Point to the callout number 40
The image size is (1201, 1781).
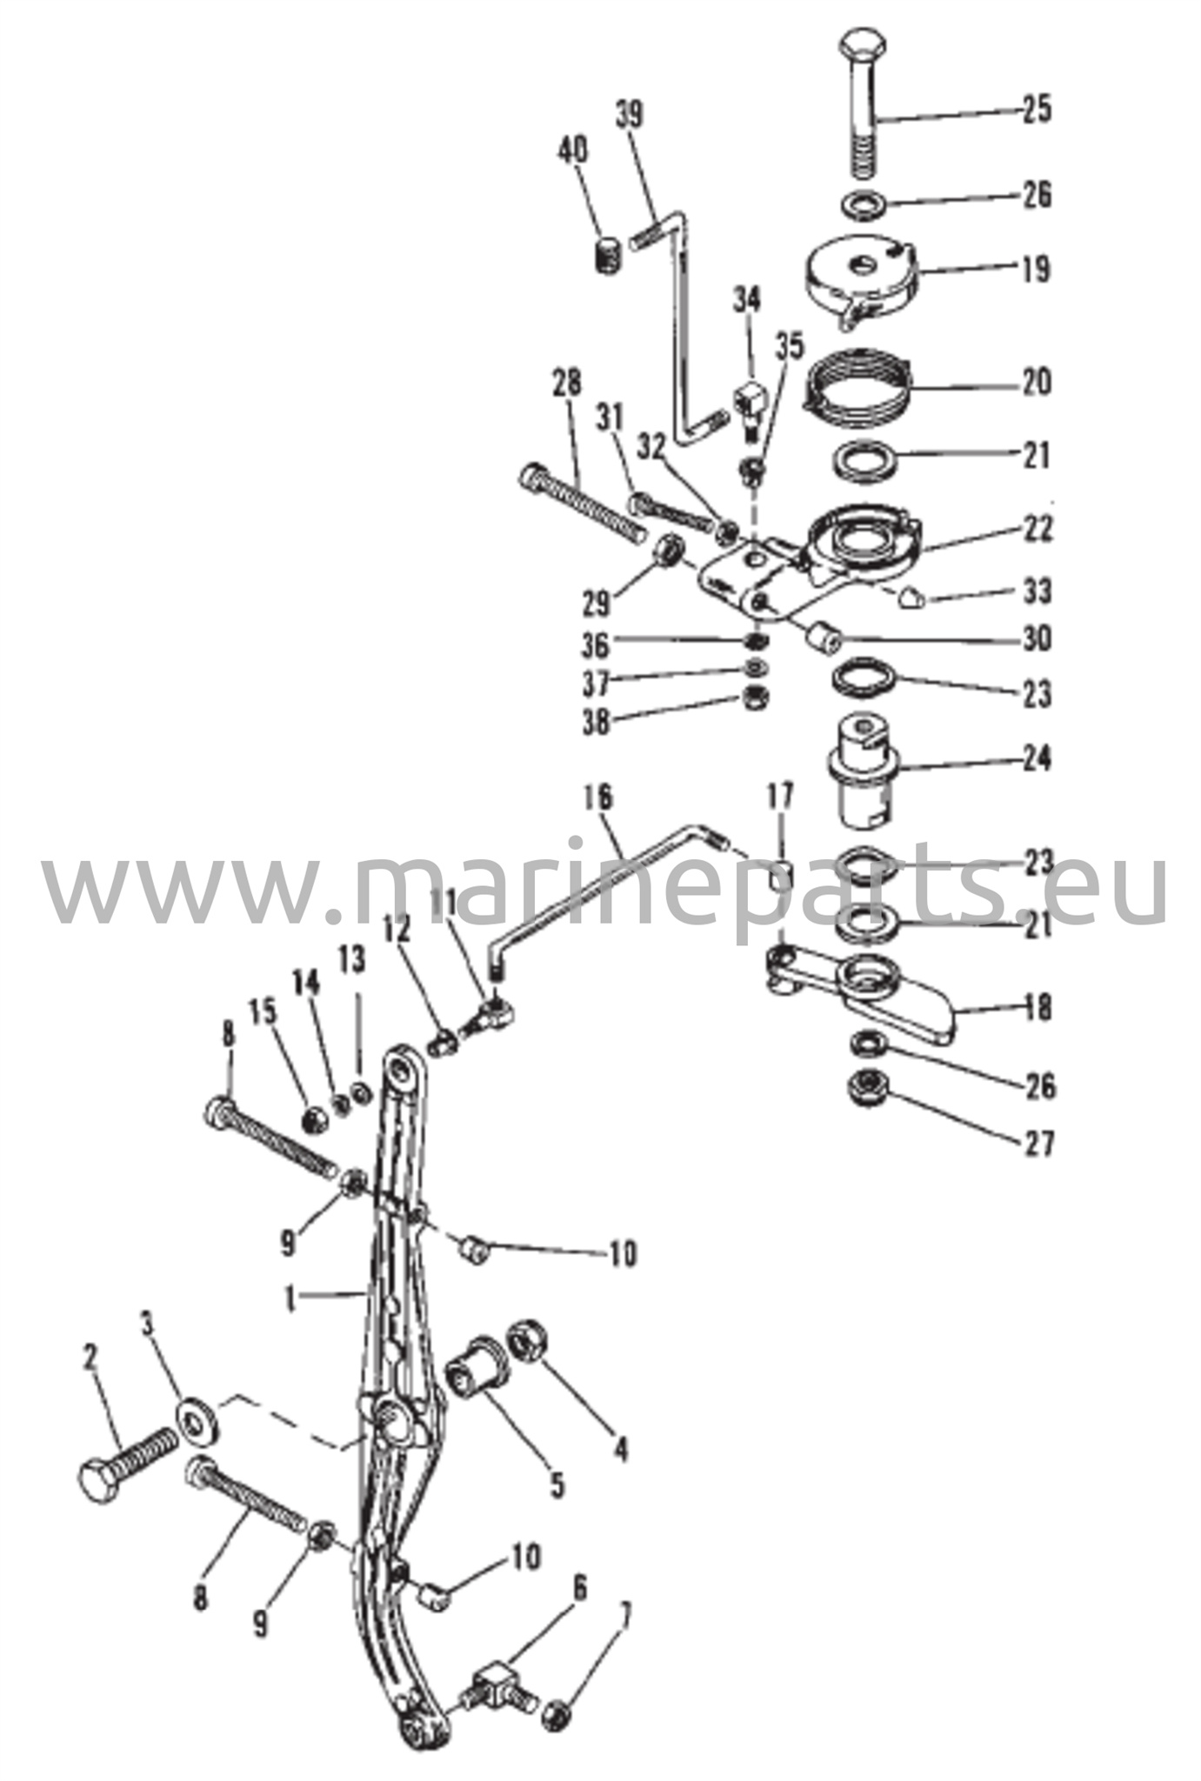point(571,150)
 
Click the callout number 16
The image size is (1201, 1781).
point(599,797)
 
